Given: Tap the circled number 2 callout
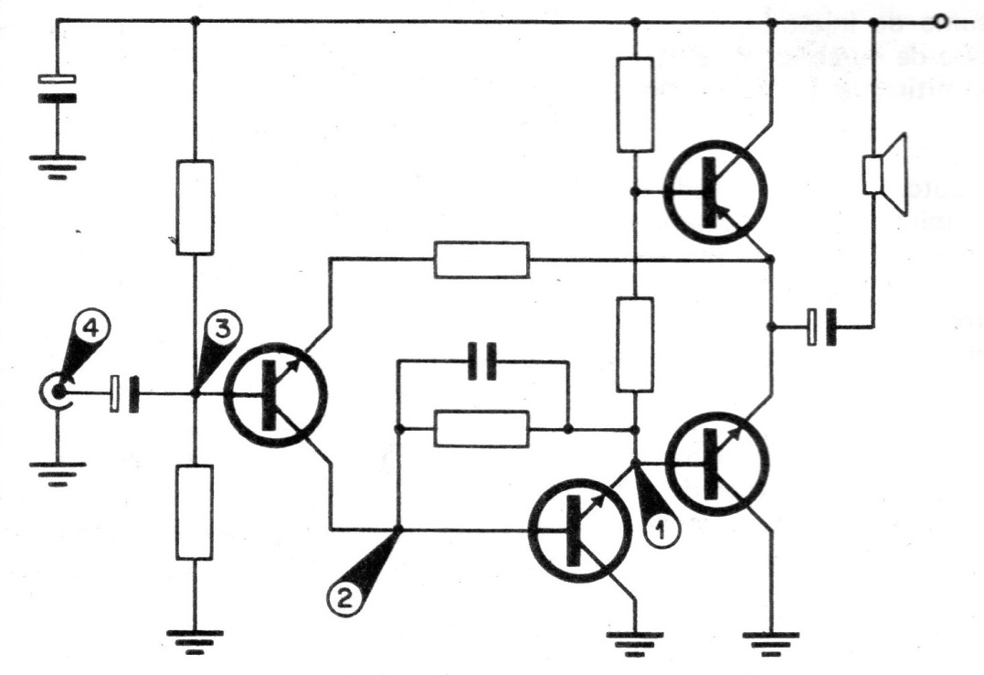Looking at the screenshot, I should click(x=343, y=596).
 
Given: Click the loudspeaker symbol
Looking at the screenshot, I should click(x=884, y=174).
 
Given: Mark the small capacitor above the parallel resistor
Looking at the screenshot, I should click(x=481, y=361).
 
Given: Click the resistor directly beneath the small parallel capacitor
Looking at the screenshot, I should click(x=481, y=429).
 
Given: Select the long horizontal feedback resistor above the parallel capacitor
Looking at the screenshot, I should click(x=481, y=260).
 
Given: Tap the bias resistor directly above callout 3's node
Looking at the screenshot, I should click(x=194, y=207).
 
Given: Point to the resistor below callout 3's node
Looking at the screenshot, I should click(x=194, y=511).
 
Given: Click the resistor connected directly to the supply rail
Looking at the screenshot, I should click(x=634, y=103).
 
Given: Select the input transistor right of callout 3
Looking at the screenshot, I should click(x=277, y=394).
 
